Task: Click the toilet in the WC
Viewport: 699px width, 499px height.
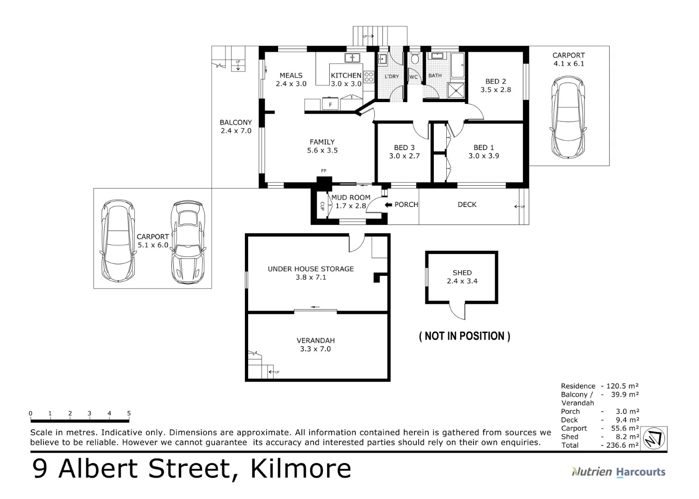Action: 415,58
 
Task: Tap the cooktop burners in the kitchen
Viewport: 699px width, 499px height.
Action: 369,77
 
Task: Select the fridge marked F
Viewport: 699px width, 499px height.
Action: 330,104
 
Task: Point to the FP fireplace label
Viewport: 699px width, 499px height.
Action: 323,170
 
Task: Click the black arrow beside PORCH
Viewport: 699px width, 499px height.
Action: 388,205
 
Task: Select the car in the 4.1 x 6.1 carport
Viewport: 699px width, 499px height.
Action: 568,117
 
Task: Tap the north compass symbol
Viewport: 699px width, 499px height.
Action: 654,438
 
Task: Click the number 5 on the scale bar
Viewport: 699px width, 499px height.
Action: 129,413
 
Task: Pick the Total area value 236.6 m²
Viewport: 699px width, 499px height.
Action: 622,445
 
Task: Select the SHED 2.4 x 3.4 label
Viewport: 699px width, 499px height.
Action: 462,277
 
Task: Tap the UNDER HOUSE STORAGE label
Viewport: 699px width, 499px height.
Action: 311,269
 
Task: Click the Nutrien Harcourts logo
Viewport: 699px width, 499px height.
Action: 619,472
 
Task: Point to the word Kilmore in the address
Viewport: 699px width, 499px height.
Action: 301,469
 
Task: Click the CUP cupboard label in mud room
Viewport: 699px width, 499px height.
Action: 322,206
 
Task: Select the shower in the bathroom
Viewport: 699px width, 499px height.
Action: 456,91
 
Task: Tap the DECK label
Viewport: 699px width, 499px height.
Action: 467,205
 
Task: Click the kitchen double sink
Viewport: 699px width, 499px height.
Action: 353,58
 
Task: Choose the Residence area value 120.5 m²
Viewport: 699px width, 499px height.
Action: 622,386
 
